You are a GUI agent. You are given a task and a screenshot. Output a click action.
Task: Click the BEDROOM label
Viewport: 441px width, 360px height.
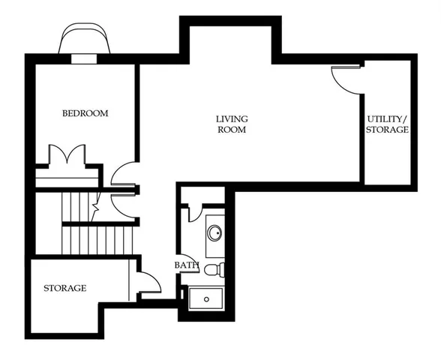[x=85, y=113]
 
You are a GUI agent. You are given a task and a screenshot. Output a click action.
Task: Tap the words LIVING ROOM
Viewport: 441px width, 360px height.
[x=232, y=124]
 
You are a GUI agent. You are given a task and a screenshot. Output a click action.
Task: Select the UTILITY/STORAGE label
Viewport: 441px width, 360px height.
[x=387, y=124]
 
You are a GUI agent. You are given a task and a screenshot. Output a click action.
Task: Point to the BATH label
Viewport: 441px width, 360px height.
[x=186, y=265]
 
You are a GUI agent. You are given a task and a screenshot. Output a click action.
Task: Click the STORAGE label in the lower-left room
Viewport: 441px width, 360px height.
[x=64, y=288]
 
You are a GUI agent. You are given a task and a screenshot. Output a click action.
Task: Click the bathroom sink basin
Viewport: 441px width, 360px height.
[x=215, y=232]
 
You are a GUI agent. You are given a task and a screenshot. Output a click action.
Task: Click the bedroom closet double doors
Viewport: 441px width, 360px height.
[x=67, y=156]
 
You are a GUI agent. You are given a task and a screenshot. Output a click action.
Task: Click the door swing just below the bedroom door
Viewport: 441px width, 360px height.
[x=122, y=203]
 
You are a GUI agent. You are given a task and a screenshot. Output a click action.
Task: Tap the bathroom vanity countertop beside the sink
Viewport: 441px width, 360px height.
[x=214, y=247]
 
